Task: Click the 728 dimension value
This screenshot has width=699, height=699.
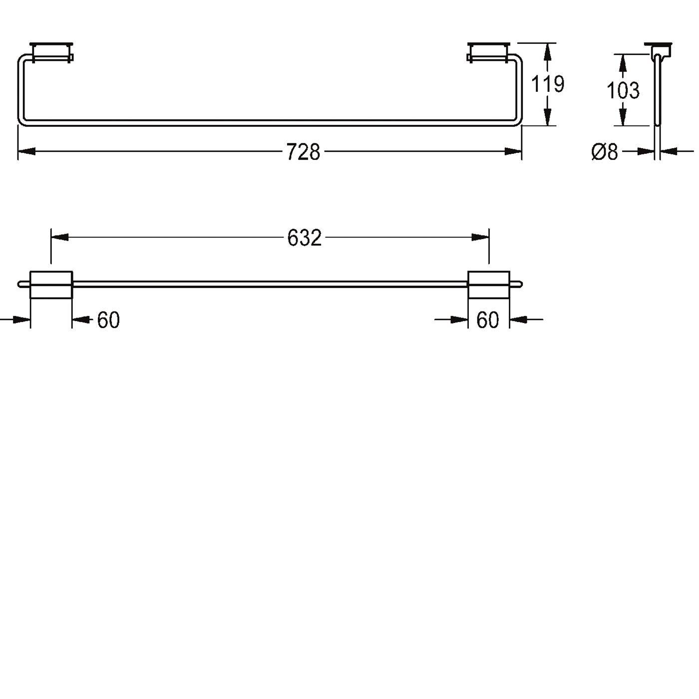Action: point(303,152)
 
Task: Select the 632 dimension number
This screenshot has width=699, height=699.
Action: point(304,238)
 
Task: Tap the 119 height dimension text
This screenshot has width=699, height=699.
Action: point(547,84)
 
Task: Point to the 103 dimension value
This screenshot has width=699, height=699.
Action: point(623,90)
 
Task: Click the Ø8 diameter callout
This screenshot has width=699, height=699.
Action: point(604,152)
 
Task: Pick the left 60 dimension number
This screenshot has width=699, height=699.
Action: point(108,320)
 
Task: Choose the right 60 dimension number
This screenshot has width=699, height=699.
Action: point(487,320)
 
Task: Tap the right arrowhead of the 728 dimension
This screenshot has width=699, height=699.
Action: point(513,151)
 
